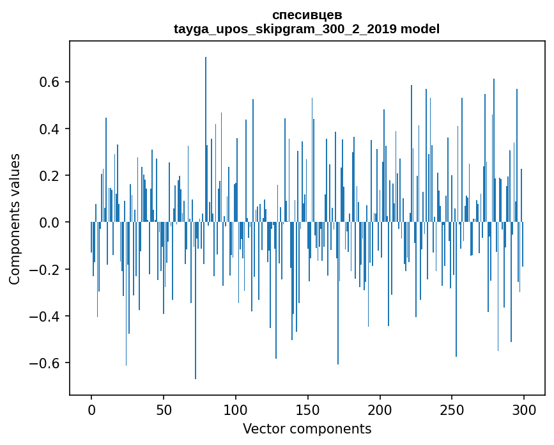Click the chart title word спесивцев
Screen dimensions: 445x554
307,15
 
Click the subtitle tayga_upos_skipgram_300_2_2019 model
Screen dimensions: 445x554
307,29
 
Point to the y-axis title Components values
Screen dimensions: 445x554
15,219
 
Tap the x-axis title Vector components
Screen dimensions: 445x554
307,428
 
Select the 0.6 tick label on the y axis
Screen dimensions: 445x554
47,82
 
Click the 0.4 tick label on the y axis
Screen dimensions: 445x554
47,129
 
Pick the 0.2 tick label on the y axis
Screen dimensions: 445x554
47,176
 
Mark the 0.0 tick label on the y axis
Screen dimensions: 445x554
47,222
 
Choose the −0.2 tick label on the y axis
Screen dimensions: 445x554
42,269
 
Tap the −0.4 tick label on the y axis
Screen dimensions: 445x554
42,316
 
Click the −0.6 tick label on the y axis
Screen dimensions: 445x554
42,363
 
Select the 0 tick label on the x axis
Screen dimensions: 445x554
91,409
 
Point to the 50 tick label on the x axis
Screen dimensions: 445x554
164,409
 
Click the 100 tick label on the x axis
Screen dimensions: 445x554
236,409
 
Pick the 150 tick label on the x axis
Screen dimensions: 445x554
308,409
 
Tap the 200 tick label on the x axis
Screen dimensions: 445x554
380,409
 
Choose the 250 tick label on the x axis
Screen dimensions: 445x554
452,409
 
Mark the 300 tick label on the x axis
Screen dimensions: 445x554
525,409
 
